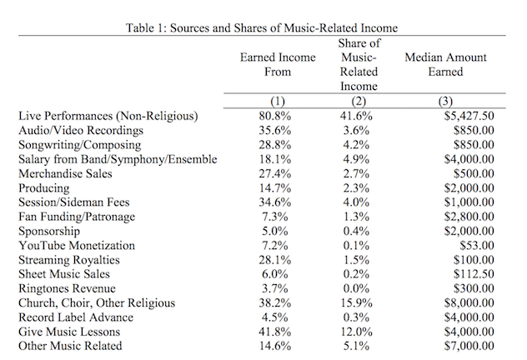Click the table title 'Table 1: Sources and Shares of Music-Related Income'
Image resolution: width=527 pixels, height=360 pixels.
(x=261, y=27)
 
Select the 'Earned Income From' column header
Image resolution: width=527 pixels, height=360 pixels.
(x=266, y=65)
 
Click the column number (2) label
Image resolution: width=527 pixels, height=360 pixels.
(x=360, y=102)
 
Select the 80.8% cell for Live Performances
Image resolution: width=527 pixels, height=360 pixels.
(x=266, y=117)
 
